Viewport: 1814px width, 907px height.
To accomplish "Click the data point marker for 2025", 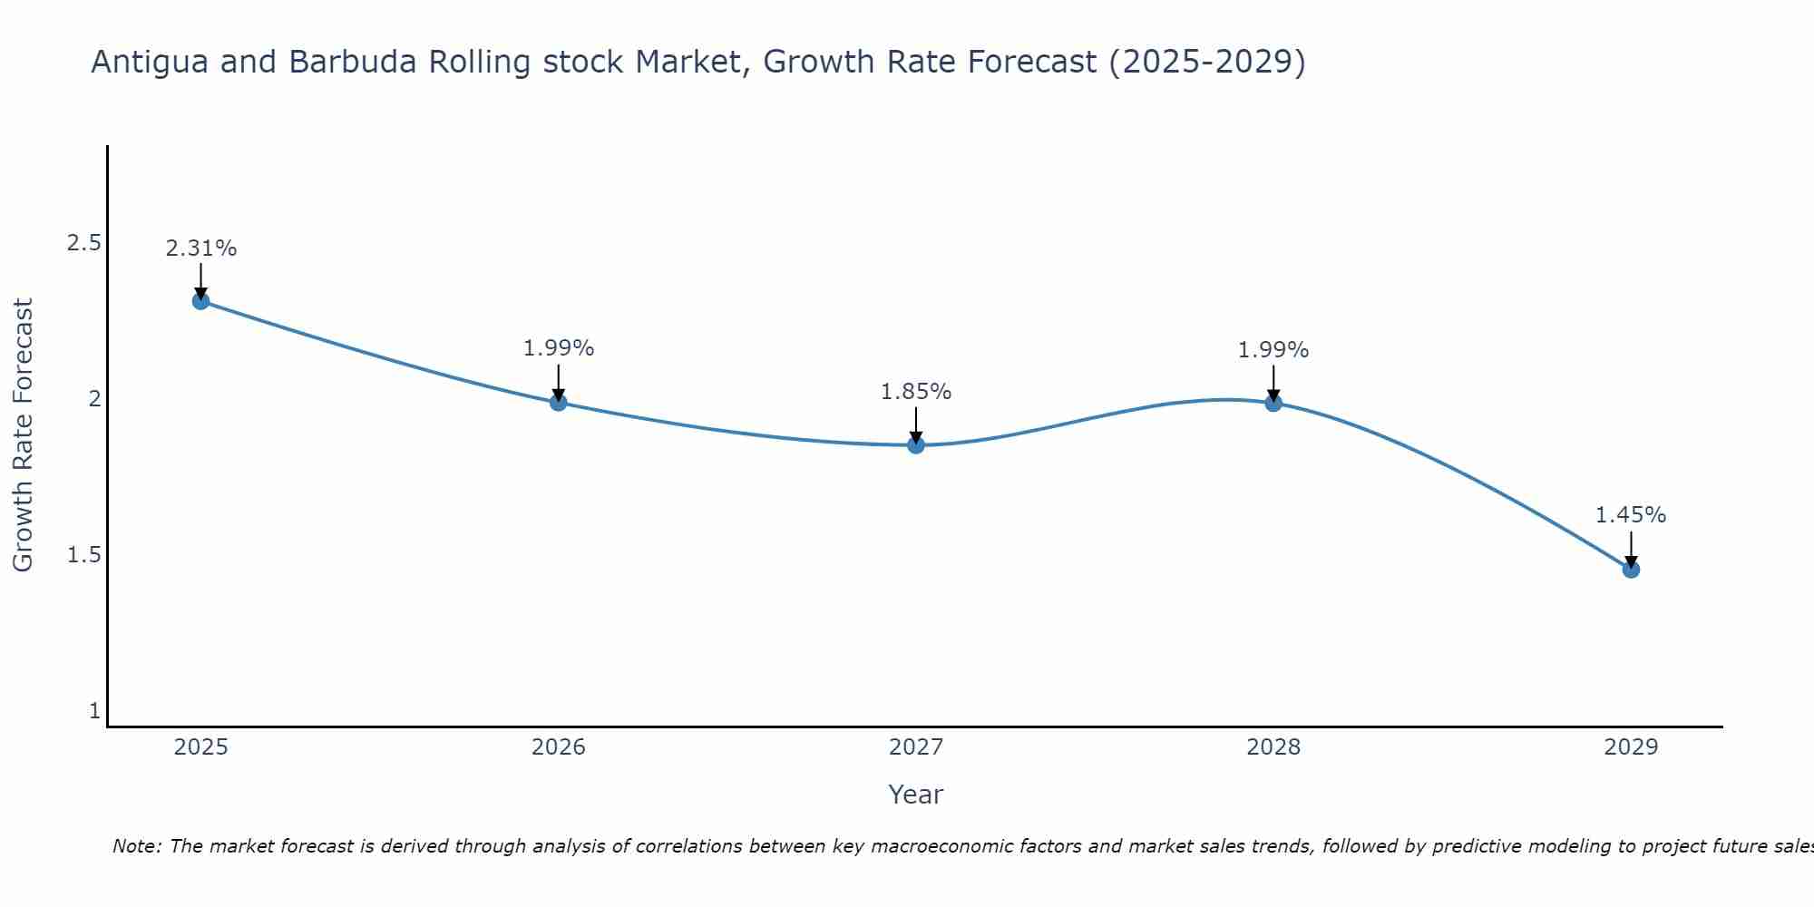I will click(x=201, y=301).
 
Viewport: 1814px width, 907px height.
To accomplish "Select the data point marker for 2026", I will click(x=559, y=402).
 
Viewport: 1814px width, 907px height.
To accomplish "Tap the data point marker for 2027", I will click(x=916, y=445).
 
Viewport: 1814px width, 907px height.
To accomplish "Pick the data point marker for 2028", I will click(x=1273, y=403).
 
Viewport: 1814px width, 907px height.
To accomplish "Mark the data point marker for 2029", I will click(x=1631, y=570).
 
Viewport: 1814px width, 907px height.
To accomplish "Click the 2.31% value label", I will click(x=201, y=249).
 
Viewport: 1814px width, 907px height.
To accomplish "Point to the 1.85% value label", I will click(x=916, y=392).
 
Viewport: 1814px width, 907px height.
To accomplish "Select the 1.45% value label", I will click(x=1631, y=515).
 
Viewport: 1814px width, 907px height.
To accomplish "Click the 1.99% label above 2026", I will click(x=559, y=348).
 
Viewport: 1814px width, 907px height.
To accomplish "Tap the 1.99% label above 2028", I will click(x=1273, y=350).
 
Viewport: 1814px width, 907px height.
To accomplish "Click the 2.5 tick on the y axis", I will click(x=83, y=243).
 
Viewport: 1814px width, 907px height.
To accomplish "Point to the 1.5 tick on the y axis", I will click(x=83, y=555).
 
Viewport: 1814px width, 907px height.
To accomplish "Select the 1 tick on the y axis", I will click(x=94, y=711).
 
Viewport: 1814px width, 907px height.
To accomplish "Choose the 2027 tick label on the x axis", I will click(x=916, y=747).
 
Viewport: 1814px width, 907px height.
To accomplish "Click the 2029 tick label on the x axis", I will click(x=1631, y=747).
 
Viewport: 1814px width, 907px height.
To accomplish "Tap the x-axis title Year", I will click(x=916, y=795).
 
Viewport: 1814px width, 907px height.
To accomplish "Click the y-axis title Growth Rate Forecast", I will click(x=24, y=435).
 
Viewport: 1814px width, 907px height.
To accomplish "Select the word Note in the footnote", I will click(x=136, y=846).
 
